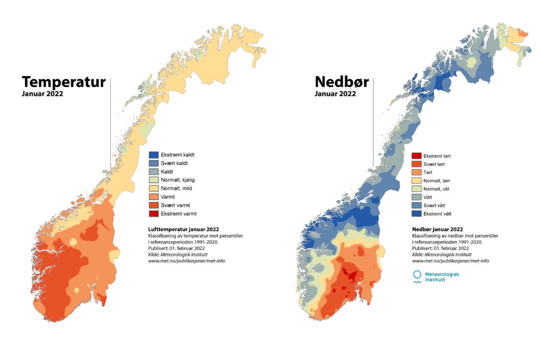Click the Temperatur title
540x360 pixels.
point(63,83)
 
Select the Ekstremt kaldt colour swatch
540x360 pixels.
point(153,155)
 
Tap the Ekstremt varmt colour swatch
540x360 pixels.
point(153,213)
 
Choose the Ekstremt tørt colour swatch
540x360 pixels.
point(416,156)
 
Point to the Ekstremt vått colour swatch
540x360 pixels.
point(416,214)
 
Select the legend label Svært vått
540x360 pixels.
point(436,206)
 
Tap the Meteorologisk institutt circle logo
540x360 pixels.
point(417,275)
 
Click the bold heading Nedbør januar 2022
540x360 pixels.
point(437,229)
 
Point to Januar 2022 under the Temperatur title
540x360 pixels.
point(43,95)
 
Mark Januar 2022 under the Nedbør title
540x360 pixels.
point(335,94)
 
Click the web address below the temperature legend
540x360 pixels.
point(186,261)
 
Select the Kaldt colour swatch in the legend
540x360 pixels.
point(153,172)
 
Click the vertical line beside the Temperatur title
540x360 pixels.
point(111,121)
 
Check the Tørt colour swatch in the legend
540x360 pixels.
point(416,172)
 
